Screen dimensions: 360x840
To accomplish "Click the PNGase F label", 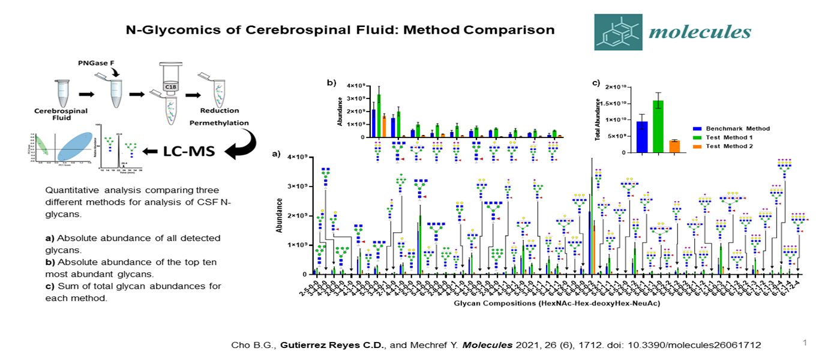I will click(95, 62).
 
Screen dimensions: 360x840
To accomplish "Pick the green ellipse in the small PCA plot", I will click(41, 146).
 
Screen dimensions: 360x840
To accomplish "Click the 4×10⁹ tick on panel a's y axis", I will click(295, 157).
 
